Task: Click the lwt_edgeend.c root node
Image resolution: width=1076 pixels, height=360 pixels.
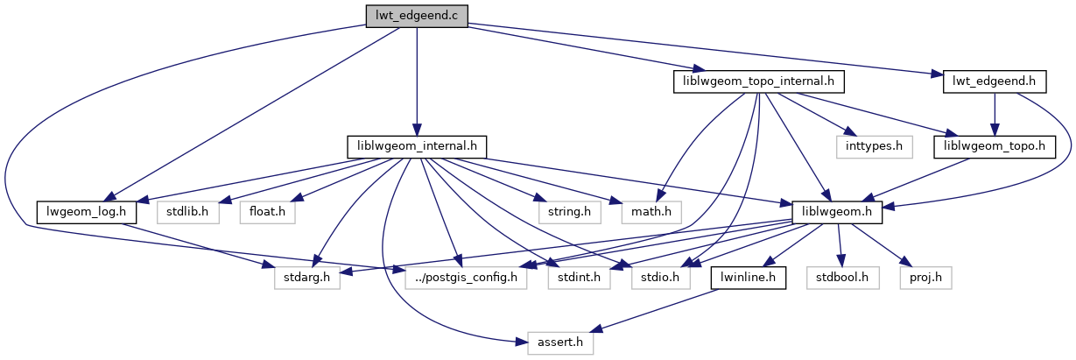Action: [x=416, y=15]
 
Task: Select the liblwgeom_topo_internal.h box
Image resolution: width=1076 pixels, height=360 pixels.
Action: [x=758, y=82]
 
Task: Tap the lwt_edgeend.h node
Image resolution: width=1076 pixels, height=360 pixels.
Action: [x=994, y=82]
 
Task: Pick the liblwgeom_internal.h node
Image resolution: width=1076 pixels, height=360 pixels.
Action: [x=417, y=146]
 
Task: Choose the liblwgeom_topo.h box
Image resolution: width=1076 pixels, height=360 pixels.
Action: [x=995, y=146]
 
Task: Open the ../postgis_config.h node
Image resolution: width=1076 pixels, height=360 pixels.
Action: [x=468, y=278]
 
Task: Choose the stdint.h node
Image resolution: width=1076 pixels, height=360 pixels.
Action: [x=573, y=278]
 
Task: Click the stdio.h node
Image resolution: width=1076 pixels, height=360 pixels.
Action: [x=661, y=278]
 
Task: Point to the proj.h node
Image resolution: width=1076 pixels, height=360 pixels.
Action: [x=925, y=278]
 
